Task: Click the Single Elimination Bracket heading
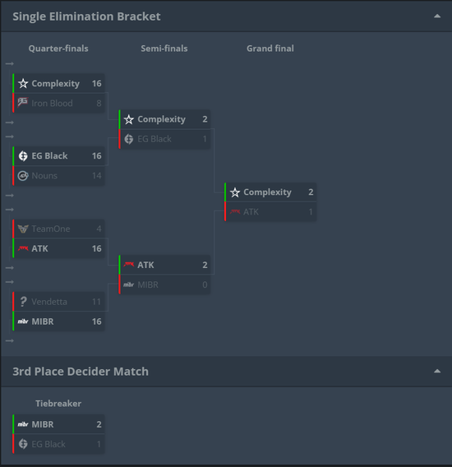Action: tap(86, 16)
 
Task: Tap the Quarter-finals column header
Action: tap(58, 49)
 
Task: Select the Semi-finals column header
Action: tap(164, 49)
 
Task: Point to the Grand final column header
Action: tap(270, 49)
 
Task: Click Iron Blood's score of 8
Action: tap(99, 104)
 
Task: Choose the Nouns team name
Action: tap(44, 176)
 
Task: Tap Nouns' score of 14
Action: tap(97, 176)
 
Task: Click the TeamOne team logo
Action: tap(23, 229)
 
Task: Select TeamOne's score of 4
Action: tap(99, 229)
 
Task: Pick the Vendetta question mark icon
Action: tap(23, 302)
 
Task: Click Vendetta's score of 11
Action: tap(96, 302)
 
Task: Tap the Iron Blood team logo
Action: tap(23, 103)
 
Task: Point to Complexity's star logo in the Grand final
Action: tap(235, 192)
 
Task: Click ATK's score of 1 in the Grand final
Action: tap(311, 212)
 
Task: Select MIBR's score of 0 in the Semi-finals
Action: tap(205, 284)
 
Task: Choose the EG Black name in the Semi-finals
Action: tap(155, 139)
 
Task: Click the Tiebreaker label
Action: tap(58, 404)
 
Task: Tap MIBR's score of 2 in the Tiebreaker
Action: tap(99, 424)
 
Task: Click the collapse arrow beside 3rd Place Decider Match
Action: tap(437, 371)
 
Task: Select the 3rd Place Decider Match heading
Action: tap(81, 372)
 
